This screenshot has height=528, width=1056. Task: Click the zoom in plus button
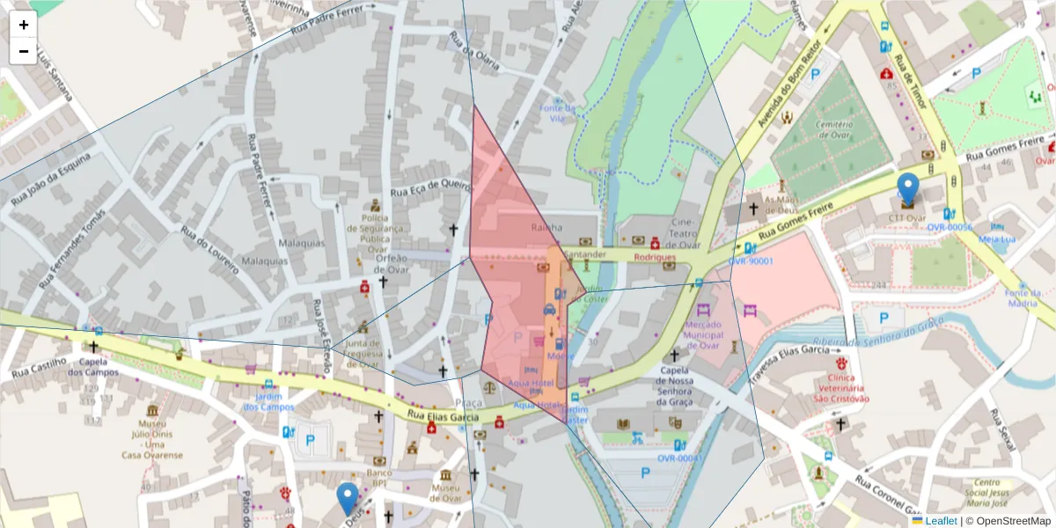(24, 25)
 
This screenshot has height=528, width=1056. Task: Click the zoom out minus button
(24, 51)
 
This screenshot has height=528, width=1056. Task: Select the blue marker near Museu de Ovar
(348, 498)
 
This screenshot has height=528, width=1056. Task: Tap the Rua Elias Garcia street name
(444, 415)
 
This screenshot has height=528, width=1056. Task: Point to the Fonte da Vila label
(556, 114)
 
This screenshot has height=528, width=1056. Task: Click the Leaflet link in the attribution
(941, 521)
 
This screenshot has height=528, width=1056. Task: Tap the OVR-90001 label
(751, 261)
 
